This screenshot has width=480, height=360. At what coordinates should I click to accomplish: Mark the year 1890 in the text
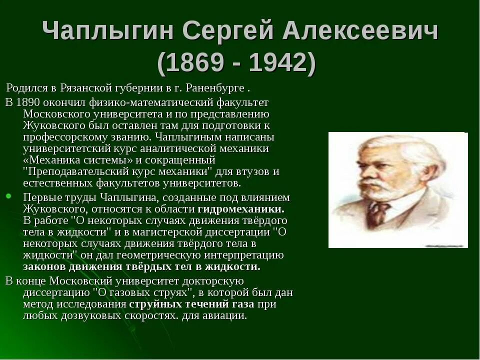28,102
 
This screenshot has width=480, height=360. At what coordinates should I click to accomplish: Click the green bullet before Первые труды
8,195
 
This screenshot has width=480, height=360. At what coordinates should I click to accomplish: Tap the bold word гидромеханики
241,208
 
